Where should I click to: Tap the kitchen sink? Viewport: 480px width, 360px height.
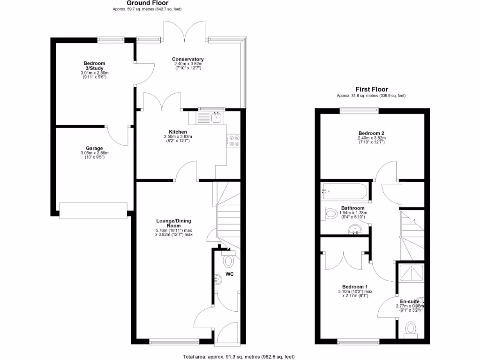click(x=216, y=117)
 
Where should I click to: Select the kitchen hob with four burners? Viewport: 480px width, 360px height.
click(x=233, y=141)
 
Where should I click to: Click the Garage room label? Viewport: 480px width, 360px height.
click(x=94, y=148)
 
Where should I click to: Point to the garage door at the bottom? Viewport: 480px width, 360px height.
click(x=93, y=210)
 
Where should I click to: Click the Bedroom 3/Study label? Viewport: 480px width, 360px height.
click(x=94, y=66)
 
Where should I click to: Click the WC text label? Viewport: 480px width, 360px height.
click(x=230, y=273)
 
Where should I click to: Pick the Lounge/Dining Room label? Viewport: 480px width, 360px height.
click(x=173, y=223)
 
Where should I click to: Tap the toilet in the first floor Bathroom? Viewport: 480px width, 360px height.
click(x=328, y=213)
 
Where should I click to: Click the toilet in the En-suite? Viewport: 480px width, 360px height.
click(x=411, y=328)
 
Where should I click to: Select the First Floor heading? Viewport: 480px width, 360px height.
click(x=371, y=90)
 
